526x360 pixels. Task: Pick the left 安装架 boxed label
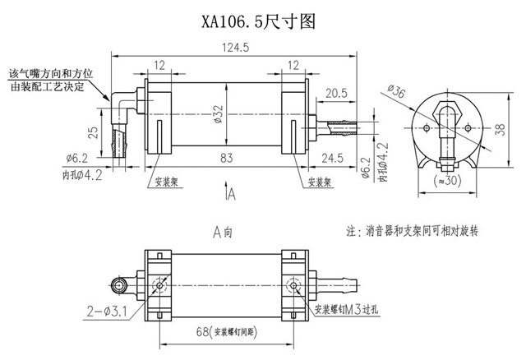(x=167, y=182)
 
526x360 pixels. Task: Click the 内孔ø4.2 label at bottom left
(x=85, y=174)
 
